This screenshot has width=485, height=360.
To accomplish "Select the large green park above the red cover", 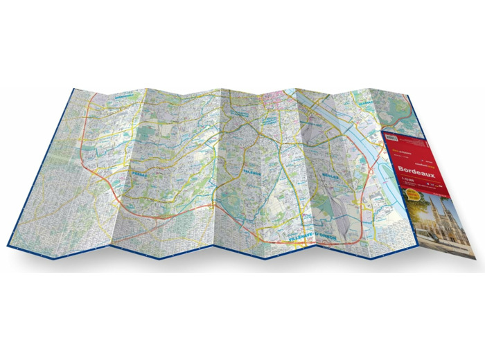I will tap(398, 111).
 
